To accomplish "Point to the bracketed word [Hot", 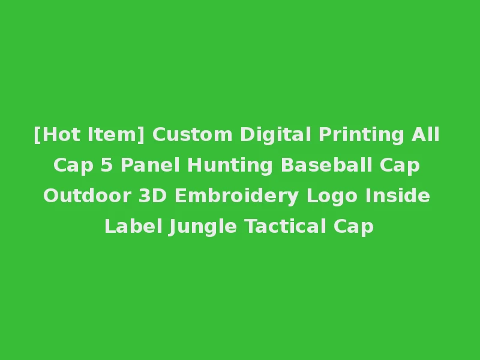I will coord(58,135).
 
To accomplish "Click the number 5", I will coord(106,166).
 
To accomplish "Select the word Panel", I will coord(149,166).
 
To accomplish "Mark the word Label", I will coord(133,227).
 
